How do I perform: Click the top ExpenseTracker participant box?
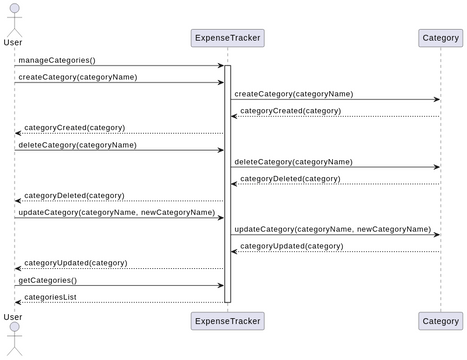[227, 39]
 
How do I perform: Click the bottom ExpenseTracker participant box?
[227, 320]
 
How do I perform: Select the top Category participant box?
[440, 39]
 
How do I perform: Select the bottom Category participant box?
[440, 320]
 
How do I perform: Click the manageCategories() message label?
[56, 60]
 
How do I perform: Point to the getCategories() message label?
[47, 280]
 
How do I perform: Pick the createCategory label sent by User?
[77, 77]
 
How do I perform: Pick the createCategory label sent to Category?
[293, 94]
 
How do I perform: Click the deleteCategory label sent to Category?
[293, 161]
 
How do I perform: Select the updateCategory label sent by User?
[116, 212]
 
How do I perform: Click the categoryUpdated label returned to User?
[76, 263]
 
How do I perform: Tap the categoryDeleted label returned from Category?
[290, 178]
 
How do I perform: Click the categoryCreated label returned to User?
[75, 128]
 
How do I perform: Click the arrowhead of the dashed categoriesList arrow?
[18, 302]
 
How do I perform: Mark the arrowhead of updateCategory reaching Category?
[436, 235]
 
